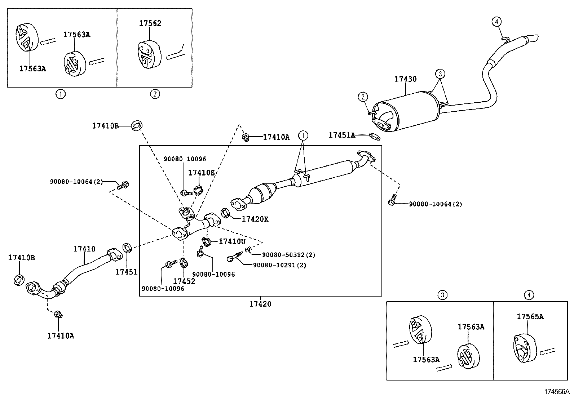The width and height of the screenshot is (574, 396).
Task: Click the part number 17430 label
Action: pos(405,79)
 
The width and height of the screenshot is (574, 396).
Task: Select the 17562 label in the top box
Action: pos(150,23)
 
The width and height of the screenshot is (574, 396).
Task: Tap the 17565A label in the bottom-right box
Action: pos(530,317)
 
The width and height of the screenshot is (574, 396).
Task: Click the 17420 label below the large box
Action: pos(260,304)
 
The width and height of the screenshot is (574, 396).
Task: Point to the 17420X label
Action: pos(255,219)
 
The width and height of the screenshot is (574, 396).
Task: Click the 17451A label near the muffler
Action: pos(341,135)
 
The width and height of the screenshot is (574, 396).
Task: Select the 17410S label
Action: pos(201,173)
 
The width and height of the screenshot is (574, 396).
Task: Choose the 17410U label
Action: pos(232,241)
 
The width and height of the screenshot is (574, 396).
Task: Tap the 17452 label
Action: pos(184,281)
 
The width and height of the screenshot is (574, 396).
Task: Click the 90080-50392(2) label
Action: pos(288,255)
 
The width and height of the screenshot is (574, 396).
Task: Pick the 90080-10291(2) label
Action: pos(279,265)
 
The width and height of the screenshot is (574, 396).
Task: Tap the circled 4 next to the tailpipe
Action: pos(496,22)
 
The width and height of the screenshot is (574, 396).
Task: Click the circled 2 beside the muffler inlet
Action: pos(363,97)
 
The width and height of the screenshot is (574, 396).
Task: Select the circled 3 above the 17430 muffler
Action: pos(440,74)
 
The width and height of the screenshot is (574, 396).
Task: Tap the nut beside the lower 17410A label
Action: pos(58,315)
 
